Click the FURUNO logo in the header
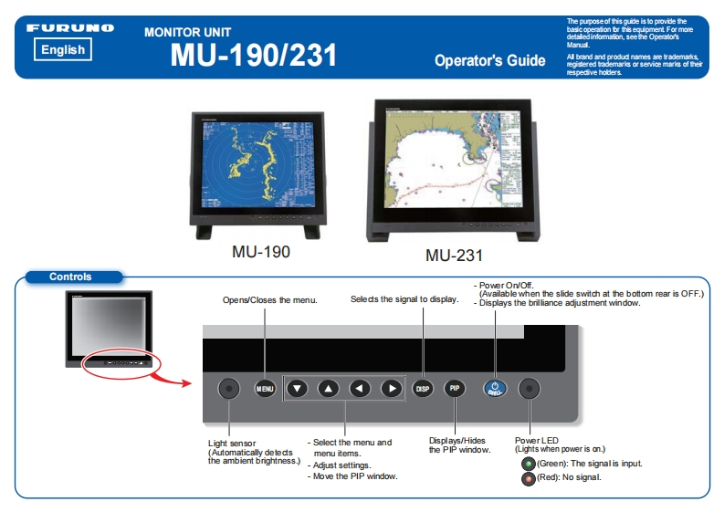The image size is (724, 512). point(70,28)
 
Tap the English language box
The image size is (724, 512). point(63,50)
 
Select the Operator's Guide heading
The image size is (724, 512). point(489,61)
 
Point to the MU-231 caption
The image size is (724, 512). point(454,255)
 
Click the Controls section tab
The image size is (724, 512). point(70,277)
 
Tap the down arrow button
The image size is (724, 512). point(297,388)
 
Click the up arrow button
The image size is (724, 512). point(328,388)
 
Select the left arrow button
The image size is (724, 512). point(360,388)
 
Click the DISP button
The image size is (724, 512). point(423,388)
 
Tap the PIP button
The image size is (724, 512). point(455,388)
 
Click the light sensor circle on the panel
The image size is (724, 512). point(229,388)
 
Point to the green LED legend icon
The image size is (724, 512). point(528,464)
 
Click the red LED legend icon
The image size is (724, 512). point(528,477)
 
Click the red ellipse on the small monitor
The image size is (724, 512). point(121,362)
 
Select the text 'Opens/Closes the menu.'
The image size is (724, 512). point(270,300)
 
